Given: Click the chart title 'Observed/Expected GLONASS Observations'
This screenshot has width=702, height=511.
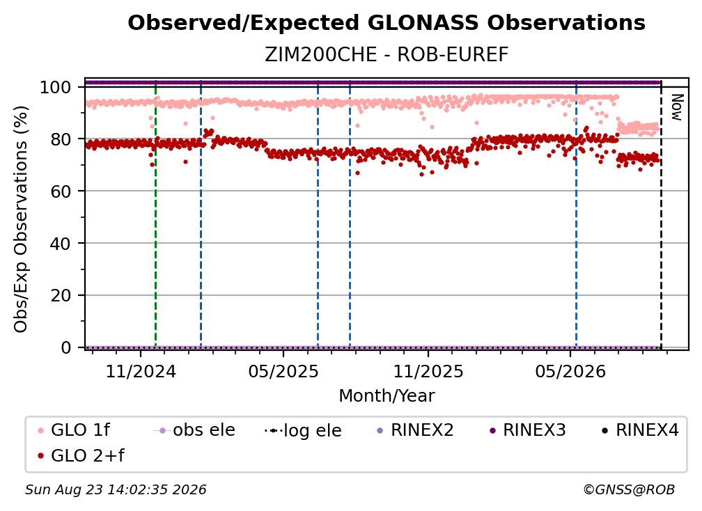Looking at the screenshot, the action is click(387, 23).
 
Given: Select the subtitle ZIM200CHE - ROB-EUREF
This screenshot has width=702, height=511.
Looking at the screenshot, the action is click(387, 55).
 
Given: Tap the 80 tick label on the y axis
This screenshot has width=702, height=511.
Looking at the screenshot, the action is click(61, 139).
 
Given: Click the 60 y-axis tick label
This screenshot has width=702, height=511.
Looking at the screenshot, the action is click(61, 191).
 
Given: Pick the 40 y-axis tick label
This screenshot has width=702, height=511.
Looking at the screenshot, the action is click(61, 244).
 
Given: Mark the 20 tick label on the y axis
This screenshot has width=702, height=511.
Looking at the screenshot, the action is click(61, 296).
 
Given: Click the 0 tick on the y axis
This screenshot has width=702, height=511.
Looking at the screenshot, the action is click(65, 347).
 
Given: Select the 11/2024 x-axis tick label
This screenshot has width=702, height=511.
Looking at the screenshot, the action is click(141, 371).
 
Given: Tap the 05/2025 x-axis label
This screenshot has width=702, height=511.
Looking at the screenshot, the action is click(283, 371).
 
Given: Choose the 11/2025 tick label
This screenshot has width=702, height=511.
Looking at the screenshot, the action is click(428, 371).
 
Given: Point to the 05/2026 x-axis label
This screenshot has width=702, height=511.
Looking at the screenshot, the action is click(570, 371).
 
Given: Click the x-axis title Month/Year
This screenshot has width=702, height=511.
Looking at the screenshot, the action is click(387, 395).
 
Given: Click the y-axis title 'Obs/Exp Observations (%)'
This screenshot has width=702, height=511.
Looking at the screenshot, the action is click(21, 219).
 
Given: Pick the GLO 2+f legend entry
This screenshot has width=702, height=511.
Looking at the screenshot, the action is click(81, 455).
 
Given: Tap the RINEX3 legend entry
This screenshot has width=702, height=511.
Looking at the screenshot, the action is click(528, 430).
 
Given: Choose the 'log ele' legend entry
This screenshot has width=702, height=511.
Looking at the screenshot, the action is click(303, 430).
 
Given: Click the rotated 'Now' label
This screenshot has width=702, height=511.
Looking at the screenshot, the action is click(676, 107).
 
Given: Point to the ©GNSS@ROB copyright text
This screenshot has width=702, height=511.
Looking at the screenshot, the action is click(629, 489).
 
